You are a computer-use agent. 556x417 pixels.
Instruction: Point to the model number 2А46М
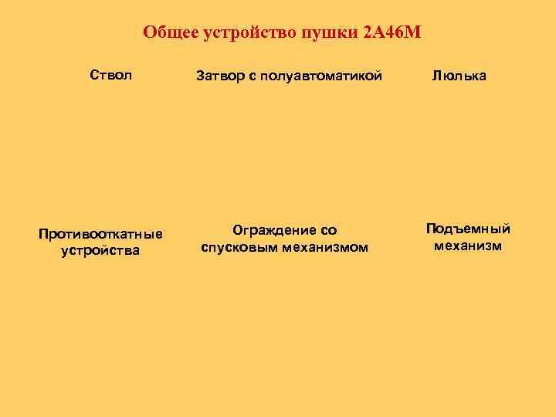(x=392, y=34)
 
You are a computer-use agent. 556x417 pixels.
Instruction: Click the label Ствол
(x=111, y=75)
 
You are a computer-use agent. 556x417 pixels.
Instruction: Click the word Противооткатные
(x=100, y=233)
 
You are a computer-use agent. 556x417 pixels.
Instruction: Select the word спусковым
(x=236, y=247)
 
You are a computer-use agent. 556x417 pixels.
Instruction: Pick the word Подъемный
(x=468, y=229)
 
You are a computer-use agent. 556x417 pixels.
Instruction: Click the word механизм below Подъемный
(x=468, y=246)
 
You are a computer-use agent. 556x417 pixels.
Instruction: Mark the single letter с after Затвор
(x=252, y=76)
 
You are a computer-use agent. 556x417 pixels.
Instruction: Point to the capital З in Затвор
(x=201, y=76)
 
